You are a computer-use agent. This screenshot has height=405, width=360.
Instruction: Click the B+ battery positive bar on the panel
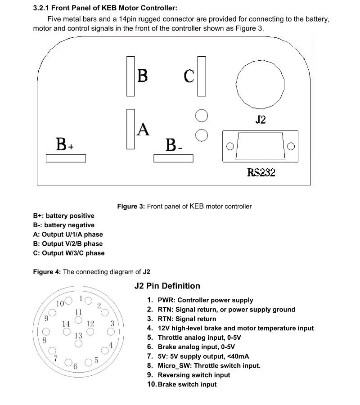pyautogui.click(x=66, y=158)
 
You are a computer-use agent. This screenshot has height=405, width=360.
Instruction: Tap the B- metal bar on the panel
pyautogui.click(x=173, y=158)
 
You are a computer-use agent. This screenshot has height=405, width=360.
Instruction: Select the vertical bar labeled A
pyautogui.click(x=130, y=129)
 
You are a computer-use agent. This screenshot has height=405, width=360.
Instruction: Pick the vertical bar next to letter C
pyautogui.click(x=202, y=76)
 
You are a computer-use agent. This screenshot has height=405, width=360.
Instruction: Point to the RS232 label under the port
pyautogui.click(x=261, y=172)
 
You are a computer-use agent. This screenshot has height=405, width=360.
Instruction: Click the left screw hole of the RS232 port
pyautogui.click(x=230, y=146)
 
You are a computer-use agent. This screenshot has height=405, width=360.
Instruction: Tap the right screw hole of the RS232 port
pyautogui.click(x=291, y=146)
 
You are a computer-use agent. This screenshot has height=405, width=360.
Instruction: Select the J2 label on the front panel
pyautogui.click(x=261, y=120)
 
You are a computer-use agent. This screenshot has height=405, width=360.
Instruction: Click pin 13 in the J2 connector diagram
pyautogui.click(x=79, y=343)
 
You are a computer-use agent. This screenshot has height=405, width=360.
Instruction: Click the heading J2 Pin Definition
pyautogui.click(x=167, y=286)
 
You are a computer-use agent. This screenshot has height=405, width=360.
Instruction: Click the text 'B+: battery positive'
pyautogui.click(x=63, y=216)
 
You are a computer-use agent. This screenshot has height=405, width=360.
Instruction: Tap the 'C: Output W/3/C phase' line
pyautogui.click(x=68, y=253)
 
